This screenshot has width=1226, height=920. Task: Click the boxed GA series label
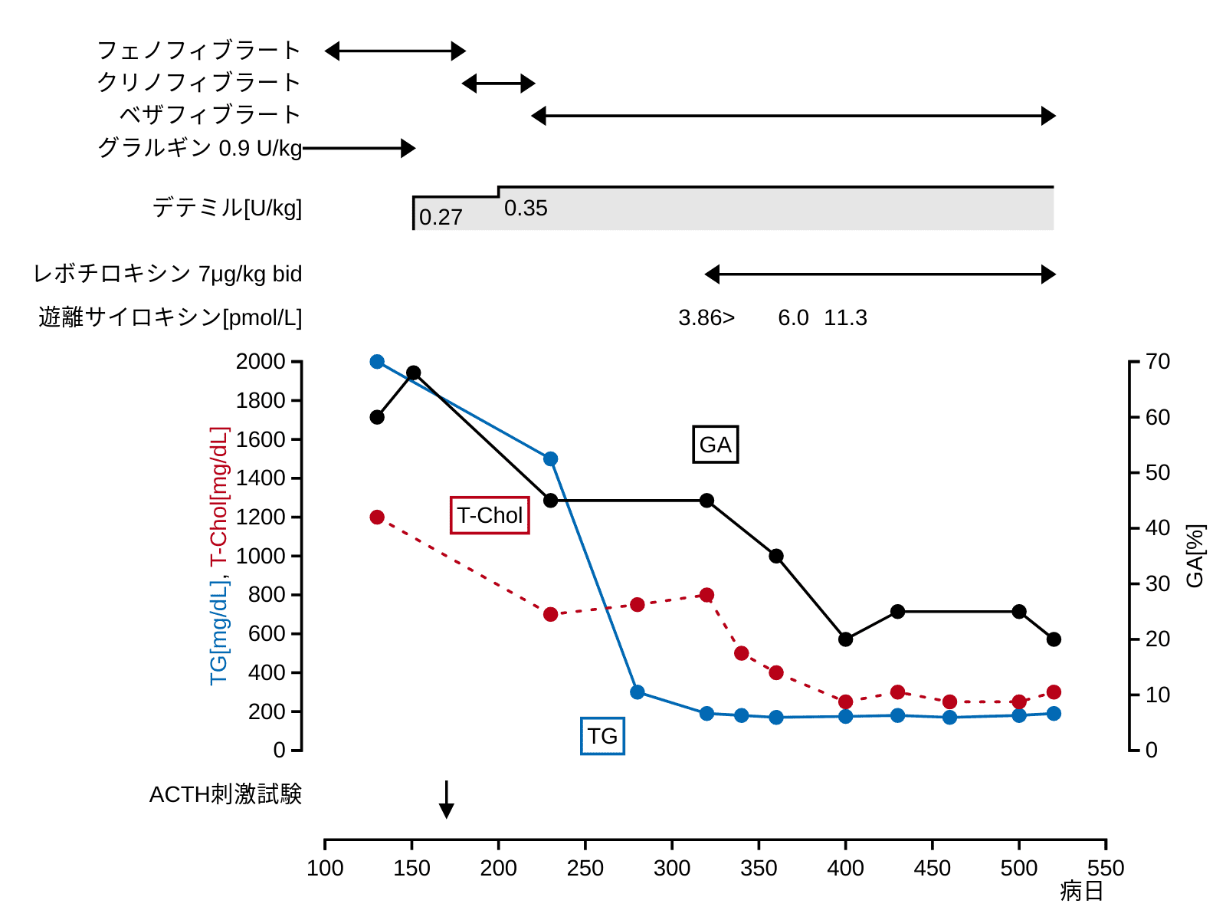pos(715,445)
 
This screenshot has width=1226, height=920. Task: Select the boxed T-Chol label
pos(490,515)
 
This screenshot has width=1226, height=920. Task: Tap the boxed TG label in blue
pos(602,736)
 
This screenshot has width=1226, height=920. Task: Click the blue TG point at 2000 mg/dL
pos(377,362)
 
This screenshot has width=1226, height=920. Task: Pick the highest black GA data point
pos(413,373)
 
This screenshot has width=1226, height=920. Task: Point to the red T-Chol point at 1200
pos(377,517)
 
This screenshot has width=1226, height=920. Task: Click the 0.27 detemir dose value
pos(441,218)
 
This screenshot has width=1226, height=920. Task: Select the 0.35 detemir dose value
pos(526,209)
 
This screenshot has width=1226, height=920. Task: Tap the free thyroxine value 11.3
pos(845,318)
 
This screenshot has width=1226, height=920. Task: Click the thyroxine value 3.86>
pos(706,318)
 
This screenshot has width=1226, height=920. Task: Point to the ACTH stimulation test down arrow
pos(447,801)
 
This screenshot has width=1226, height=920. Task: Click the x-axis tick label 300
pos(672,869)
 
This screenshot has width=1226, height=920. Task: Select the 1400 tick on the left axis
pos(261,478)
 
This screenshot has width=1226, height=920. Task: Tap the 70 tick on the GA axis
pos(1157,362)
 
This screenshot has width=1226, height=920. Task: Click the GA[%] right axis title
pos(1195,556)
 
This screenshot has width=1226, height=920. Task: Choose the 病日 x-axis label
pos(1081,892)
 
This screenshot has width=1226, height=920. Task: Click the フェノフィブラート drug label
pos(198,51)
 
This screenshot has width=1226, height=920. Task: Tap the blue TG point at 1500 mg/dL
pos(550,459)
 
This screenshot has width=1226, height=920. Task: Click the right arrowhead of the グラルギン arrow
pos(408,148)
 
